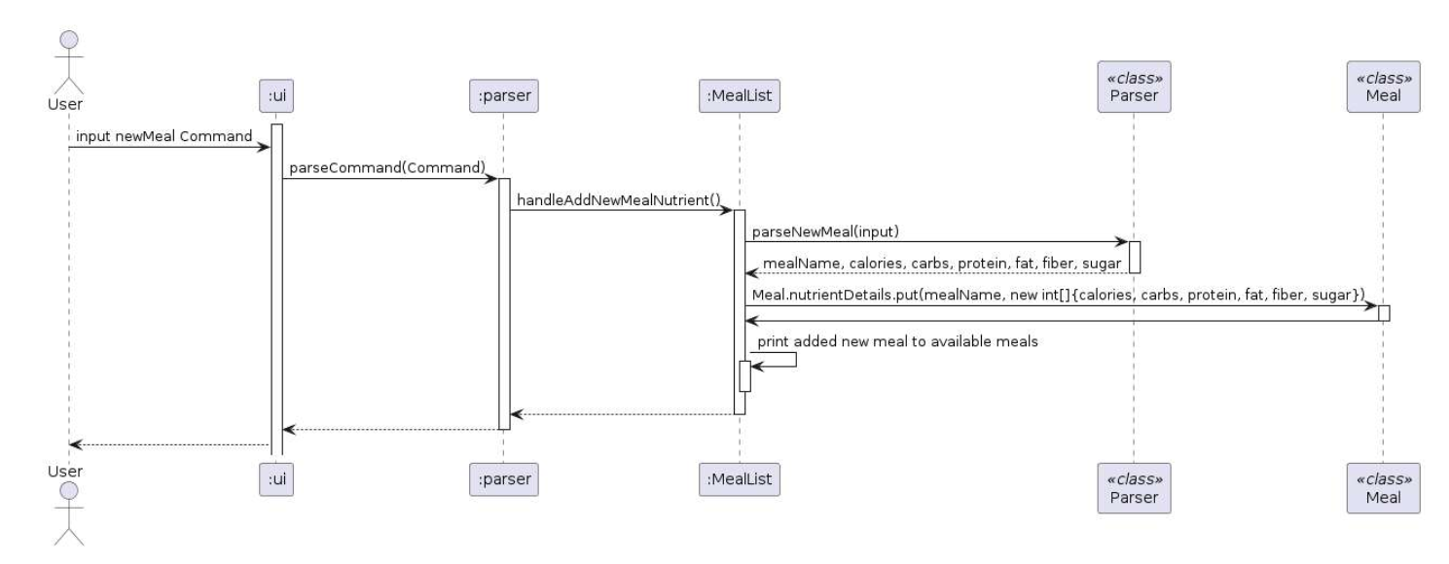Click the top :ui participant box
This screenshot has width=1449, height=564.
pyautogui.click(x=276, y=94)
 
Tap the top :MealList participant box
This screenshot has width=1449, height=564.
pyautogui.click(x=739, y=94)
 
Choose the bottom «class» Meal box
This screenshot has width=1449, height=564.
pyautogui.click(x=1383, y=487)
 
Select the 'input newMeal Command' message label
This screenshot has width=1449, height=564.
pyautogui.click(x=164, y=135)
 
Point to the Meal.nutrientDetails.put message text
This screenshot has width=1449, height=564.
pyautogui.click(x=1059, y=294)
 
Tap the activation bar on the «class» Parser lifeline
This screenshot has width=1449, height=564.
pyautogui.click(x=1134, y=257)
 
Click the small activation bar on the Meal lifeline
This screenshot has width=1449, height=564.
pyautogui.click(x=1383, y=313)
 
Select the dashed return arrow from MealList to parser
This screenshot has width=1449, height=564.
pyautogui.click(x=623, y=414)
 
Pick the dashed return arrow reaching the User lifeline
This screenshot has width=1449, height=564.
pyautogui.click(x=170, y=444)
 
